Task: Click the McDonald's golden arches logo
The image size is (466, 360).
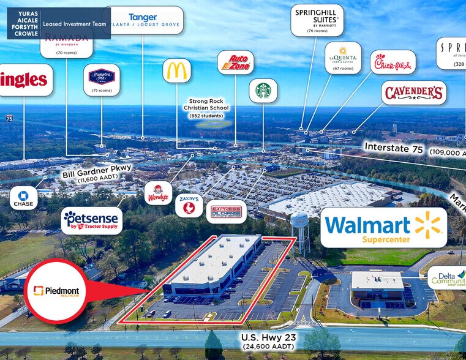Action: coord(176,70)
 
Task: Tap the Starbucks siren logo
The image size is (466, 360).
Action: coord(263,91)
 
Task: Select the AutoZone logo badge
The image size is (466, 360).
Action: coord(235,62)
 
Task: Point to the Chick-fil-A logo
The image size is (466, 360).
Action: coord(393,62)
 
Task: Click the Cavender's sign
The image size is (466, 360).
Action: coord(413,93)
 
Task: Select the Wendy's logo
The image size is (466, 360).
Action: coord(157,193)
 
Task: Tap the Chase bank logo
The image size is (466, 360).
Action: coord(24,198)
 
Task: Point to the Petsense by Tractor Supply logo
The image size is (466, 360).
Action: coord(92,220)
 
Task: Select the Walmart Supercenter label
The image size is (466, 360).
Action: coord(383,227)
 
